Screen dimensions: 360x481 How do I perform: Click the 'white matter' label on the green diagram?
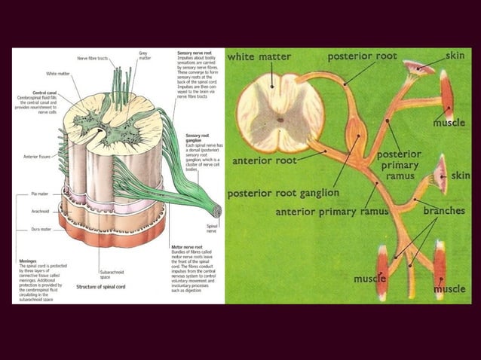click(259, 57)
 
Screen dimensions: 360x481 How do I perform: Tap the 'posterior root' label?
click(362, 56)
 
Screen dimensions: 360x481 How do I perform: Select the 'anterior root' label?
click(264, 160)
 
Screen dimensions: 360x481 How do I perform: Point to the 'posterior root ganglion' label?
click(283, 193)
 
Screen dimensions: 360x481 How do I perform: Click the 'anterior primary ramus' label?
click(331, 212)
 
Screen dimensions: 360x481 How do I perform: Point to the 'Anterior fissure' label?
click(37, 157)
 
